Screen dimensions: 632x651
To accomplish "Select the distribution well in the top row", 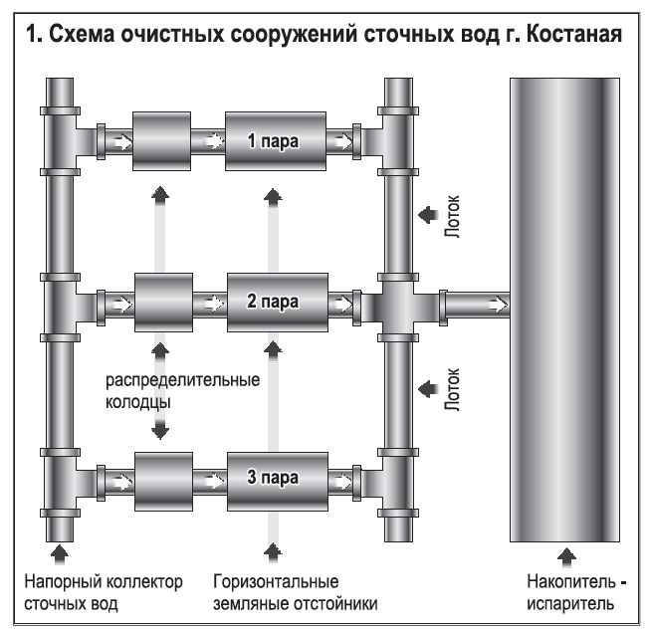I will pyautogui.click(x=161, y=141).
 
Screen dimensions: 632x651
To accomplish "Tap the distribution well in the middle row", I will pyautogui.click(x=161, y=301).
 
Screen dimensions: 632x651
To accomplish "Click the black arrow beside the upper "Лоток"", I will pyautogui.click(x=425, y=212).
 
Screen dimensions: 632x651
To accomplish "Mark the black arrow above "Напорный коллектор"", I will pyautogui.click(x=59, y=550).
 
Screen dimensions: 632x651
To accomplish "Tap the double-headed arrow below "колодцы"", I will pyautogui.click(x=159, y=425).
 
